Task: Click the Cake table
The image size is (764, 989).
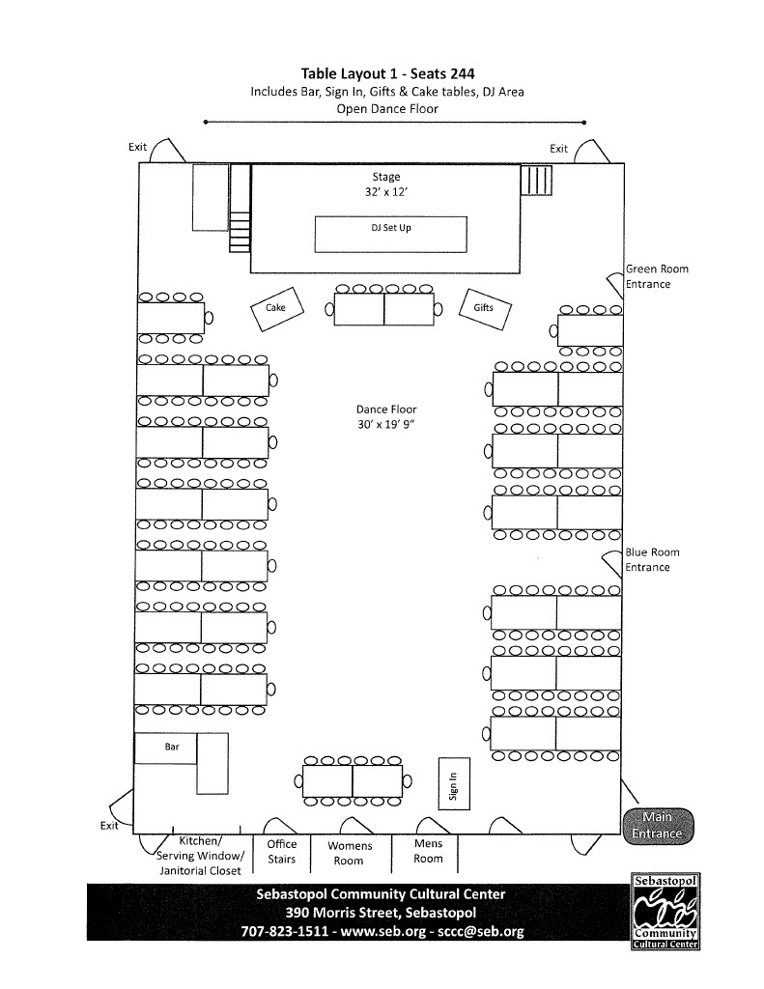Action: (x=275, y=308)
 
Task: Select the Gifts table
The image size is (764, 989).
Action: (x=484, y=308)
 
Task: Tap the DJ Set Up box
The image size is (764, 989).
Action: (x=391, y=230)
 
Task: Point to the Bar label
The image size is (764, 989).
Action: (x=172, y=746)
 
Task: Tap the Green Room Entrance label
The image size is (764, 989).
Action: (x=657, y=276)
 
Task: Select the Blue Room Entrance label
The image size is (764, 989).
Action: (x=652, y=559)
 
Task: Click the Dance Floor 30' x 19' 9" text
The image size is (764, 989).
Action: (x=385, y=417)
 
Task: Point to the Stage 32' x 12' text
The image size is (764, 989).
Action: (x=385, y=184)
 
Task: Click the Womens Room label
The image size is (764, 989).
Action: (x=349, y=853)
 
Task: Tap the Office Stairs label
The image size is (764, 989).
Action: (x=282, y=851)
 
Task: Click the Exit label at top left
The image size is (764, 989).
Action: (x=137, y=147)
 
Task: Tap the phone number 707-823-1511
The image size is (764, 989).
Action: (x=283, y=932)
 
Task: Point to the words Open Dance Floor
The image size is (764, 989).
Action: (x=386, y=109)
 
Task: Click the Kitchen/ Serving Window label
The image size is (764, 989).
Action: (x=201, y=849)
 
